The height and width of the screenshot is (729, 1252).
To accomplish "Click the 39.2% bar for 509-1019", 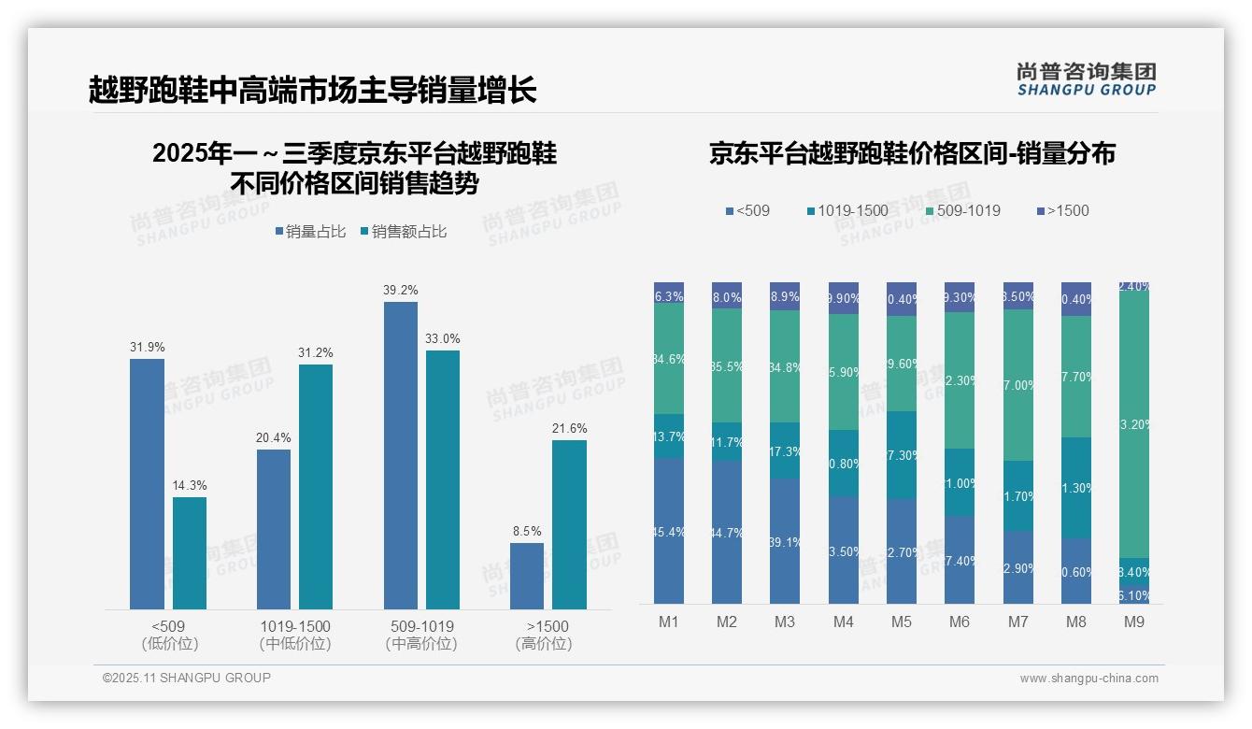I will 401,455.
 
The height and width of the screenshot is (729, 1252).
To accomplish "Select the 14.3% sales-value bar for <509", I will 190,553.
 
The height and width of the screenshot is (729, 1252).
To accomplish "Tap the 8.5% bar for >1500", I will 527,576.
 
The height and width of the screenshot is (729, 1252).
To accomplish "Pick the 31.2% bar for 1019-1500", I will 316,487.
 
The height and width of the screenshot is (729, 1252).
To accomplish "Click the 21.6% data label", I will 569,429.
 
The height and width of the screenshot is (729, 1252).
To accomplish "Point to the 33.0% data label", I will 442,339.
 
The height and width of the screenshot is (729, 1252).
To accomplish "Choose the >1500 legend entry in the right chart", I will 1062,211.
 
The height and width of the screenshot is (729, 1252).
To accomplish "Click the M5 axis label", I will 902,622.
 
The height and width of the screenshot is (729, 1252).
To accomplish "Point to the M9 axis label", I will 1134,622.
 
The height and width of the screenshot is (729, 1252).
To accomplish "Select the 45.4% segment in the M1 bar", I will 669,531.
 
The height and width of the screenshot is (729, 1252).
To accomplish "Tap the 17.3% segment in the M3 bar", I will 785,450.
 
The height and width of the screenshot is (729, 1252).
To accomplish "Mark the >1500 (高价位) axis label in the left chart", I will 543,635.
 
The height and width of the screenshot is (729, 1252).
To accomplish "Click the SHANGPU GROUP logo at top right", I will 1086,79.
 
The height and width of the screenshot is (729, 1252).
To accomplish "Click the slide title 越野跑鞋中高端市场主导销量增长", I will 312,91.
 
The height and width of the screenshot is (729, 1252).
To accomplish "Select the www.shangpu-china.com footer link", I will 1088,679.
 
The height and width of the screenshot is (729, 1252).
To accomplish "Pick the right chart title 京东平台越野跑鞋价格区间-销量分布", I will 912,154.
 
